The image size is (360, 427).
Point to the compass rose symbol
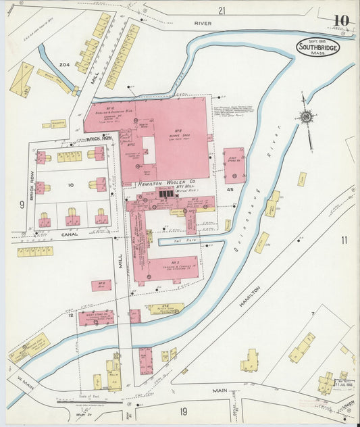coord(307,117)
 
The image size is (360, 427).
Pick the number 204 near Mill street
coord(64,64)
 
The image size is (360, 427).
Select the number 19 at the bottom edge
coord(182,411)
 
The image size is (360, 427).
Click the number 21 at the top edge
coord(221,10)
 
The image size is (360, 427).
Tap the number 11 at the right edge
coord(344,240)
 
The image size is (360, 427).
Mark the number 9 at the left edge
coord(22,204)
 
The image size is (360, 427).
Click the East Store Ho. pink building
coord(234,166)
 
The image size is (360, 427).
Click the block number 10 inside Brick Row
coord(70,184)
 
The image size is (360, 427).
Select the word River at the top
coord(203,23)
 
